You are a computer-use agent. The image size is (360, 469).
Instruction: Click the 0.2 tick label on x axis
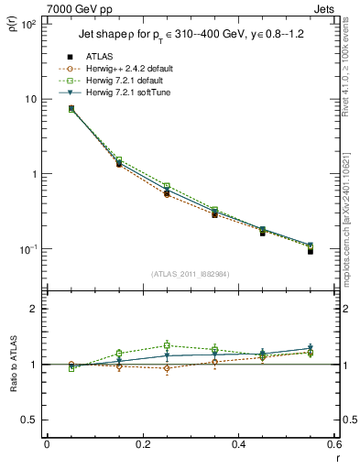142,444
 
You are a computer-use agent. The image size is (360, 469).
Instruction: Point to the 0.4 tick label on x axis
238,444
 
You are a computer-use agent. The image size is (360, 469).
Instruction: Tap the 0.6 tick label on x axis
333,444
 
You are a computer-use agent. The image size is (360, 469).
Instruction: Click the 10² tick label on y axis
29,24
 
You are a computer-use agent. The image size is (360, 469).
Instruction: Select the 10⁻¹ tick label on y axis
29,249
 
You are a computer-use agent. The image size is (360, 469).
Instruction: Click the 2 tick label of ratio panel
34,309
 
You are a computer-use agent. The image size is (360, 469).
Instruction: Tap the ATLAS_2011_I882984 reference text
191,274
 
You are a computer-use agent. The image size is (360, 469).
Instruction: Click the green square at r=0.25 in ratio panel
167,345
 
